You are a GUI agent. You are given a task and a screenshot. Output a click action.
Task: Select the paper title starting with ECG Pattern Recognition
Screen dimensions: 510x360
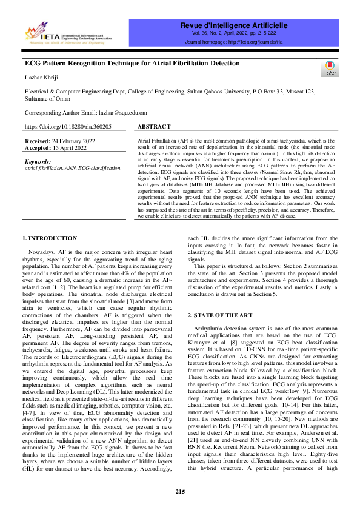[x=132, y=64]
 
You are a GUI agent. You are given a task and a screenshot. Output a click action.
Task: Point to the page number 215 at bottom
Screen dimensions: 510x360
[x=180, y=491]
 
